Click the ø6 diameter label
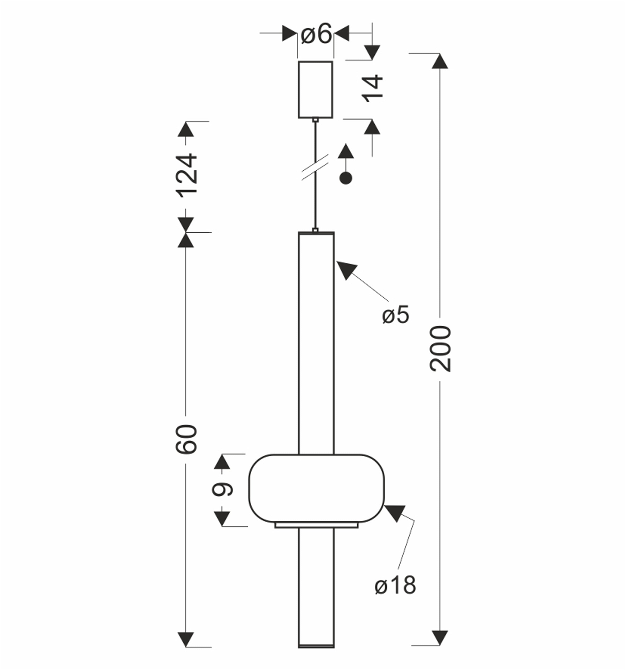point(316,34)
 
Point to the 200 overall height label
point(440,349)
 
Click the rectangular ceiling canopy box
point(315,90)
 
